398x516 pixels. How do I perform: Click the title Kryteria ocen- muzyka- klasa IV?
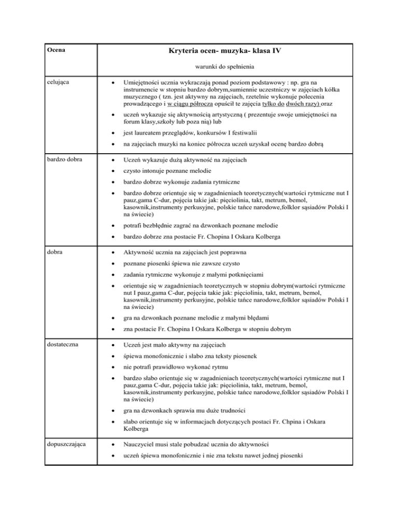tap(225, 51)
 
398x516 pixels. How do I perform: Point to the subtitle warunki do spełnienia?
tap(225, 67)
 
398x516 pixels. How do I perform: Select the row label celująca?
tap(60, 82)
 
